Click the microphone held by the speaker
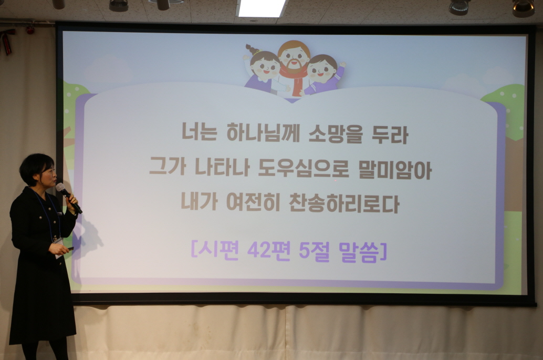tap(68, 197)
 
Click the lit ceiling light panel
tap(262, 8)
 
